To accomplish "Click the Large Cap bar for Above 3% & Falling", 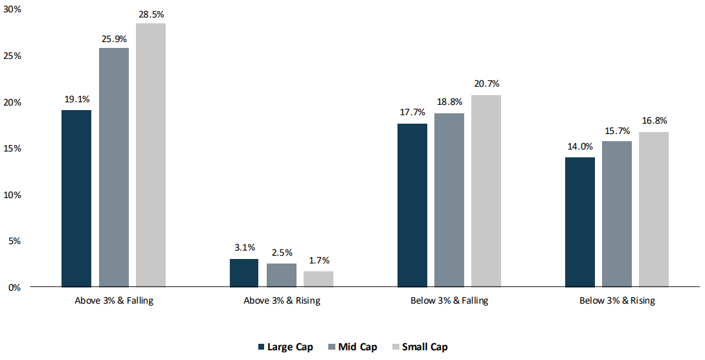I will (76, 198).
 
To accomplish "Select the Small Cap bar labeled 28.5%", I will (151, 155).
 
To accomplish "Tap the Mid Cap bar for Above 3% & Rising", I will (282, 275).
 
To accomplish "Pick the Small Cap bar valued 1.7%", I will (319, 278).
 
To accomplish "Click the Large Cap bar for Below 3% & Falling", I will (412, 205).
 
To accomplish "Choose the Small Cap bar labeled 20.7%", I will (486, 190).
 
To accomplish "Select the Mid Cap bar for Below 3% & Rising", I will (617, 214).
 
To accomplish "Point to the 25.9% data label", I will (114, 39).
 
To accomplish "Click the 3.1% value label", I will (245, 247).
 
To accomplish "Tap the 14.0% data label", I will (580, 146).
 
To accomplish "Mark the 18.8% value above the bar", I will (449, 102).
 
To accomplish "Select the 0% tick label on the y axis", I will (14, 287).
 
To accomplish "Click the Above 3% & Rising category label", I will (282, 300).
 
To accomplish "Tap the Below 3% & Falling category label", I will (449, 300).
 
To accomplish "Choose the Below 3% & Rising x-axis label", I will (617, 300).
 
